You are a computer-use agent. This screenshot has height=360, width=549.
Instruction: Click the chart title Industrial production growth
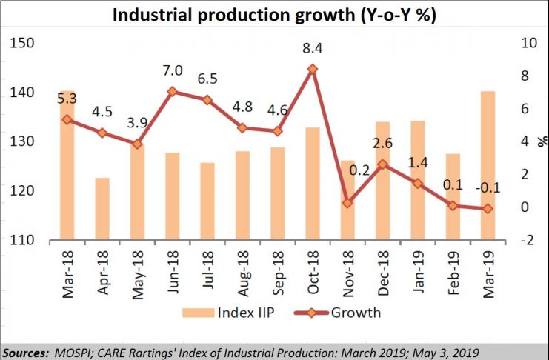tap(274, 14)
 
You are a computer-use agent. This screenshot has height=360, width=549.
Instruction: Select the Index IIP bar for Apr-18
tap(102, 209)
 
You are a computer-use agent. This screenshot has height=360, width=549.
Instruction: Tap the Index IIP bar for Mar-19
tap(487, 166)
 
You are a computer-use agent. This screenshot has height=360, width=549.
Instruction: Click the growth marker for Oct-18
tap(312, 69)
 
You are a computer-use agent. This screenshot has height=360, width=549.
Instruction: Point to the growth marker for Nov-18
tap(347, 203)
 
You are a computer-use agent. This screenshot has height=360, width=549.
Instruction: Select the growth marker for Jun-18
tap(172, 92)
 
